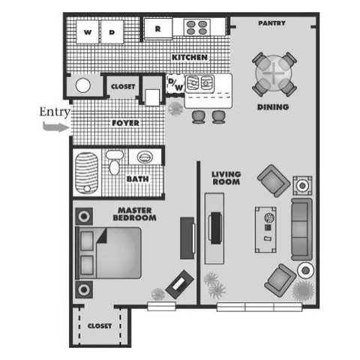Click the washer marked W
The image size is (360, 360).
click(x=88, y=32)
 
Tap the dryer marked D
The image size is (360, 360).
click(x=111, y=32)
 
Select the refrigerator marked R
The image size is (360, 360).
click(x=158, y=29)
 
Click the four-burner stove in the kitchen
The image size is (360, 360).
click(x=196, y=28)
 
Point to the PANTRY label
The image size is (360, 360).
click(x=271, y=23)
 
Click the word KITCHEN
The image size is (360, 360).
click(x=189, y=58)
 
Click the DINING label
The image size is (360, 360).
click(x=273, y=107)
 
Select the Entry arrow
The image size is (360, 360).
click(x=55, y=127)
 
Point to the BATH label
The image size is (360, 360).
click(x=136, y=179)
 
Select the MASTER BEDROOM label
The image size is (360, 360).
click(x=134, y=214)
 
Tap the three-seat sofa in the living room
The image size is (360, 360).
click(x=301, y=229)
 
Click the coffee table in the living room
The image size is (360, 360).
click(x=267, y=228)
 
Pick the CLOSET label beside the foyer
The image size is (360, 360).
click(x=123, y=87)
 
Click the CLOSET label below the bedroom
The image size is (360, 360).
click(x=99, y=326)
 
